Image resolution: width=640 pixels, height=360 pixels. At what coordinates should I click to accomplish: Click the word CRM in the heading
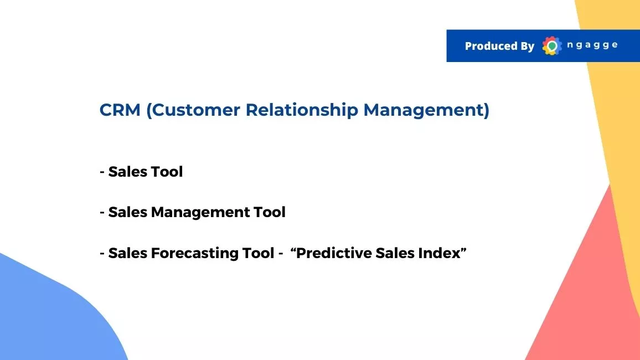click(x=120, y=110)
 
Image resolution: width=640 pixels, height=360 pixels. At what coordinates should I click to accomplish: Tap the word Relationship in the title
click(x=302, y=110)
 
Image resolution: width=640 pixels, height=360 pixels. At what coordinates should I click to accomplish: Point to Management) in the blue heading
click(x=426, y=110)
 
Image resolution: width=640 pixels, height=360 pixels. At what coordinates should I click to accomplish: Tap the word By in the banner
click(x=528, y=46)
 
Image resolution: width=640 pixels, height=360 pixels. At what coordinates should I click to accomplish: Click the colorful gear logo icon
click(x=552, y=46)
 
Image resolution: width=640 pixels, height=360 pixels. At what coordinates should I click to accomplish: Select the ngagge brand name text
click(x=592, y=45)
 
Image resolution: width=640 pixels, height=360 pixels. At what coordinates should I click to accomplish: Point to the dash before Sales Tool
click(x=102, y=172)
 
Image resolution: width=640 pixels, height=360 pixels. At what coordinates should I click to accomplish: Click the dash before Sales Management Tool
click(x=102, y=213)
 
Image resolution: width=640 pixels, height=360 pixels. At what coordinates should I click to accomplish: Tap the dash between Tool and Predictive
click(x=280, y=254)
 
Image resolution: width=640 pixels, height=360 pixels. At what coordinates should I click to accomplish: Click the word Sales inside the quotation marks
click(x=395, y=253)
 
